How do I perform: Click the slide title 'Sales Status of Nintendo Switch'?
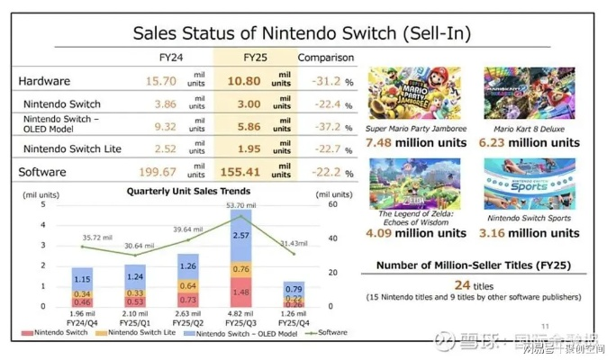pos(302,33)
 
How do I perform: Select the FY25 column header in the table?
pos(256,58)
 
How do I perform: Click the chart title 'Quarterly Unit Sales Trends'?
pos(189,191)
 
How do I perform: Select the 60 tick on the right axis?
pos(331,205)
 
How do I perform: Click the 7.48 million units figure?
pos(416,142)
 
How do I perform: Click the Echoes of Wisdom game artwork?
pos(416,185)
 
